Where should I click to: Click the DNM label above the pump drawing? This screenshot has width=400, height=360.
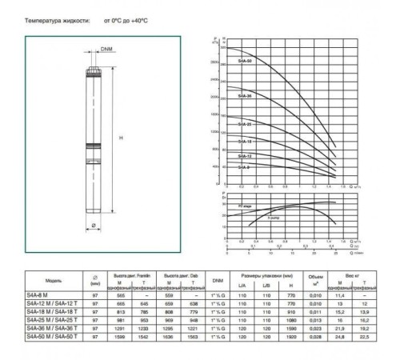[x=106, y=49]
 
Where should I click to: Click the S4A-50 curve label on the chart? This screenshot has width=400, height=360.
[x=245, y=62]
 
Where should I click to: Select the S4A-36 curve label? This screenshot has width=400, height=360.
[x=245, y=95]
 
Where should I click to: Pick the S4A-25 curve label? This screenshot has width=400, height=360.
[x=245, y=125]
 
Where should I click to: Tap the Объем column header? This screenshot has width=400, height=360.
[x=316, y=277]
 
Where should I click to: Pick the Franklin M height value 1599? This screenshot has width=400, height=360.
[x=123, y=335]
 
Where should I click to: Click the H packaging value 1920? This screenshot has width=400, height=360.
[x=290, y=335]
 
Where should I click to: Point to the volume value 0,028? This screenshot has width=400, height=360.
[x=316, y=335]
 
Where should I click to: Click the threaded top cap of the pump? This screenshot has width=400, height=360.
[x=94, y=70]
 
